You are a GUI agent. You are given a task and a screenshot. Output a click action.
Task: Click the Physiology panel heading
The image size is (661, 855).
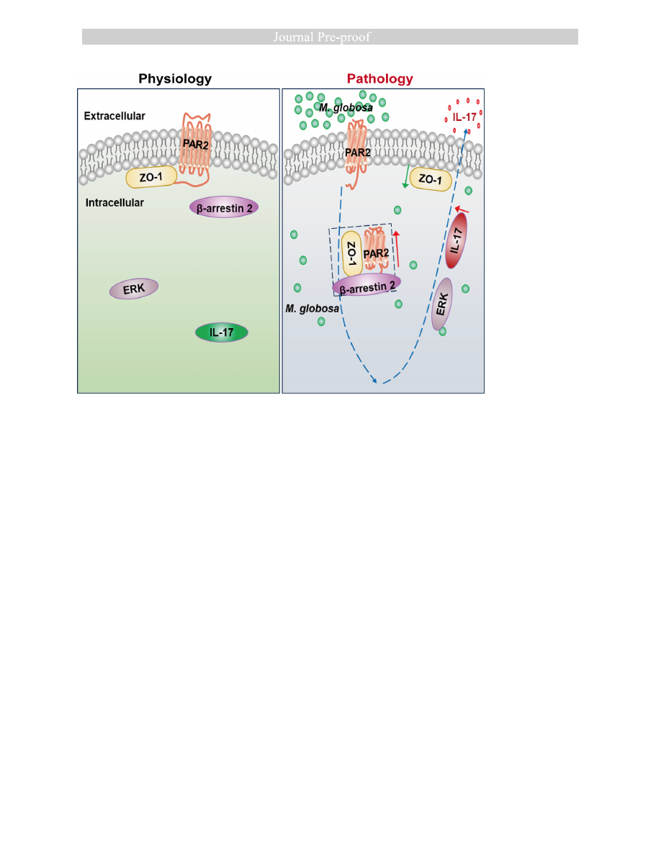(x=175, y=78)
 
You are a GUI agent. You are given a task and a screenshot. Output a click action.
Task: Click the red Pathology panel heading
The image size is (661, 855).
(x=380, y=78)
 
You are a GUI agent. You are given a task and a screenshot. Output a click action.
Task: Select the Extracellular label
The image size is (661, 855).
(x=114, y=115)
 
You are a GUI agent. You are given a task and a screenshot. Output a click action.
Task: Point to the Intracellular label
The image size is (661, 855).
(x=114, y=203)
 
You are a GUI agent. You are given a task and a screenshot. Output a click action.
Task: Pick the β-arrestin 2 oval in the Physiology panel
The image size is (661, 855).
(x=224, y=207)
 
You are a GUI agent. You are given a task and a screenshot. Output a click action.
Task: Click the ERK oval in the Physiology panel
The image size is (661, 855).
(x=134, y=289)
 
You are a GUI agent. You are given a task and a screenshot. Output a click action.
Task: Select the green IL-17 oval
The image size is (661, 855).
(x=222, y=332)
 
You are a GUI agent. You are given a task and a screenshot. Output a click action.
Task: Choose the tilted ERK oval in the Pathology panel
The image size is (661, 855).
(x=441, y=304)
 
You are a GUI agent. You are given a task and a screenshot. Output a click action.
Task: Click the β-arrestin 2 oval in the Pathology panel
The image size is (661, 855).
(x=367, y=285)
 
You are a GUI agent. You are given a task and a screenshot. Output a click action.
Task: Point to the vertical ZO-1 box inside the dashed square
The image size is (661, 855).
(x=352, y=255)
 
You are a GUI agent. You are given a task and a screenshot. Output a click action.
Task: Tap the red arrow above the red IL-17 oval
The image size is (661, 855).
(x=463, y=209)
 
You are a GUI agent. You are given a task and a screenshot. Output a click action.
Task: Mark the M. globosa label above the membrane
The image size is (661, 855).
(x=346, y=108)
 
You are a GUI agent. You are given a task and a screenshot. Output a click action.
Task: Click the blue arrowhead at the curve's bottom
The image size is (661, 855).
(x=374, y=381)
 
